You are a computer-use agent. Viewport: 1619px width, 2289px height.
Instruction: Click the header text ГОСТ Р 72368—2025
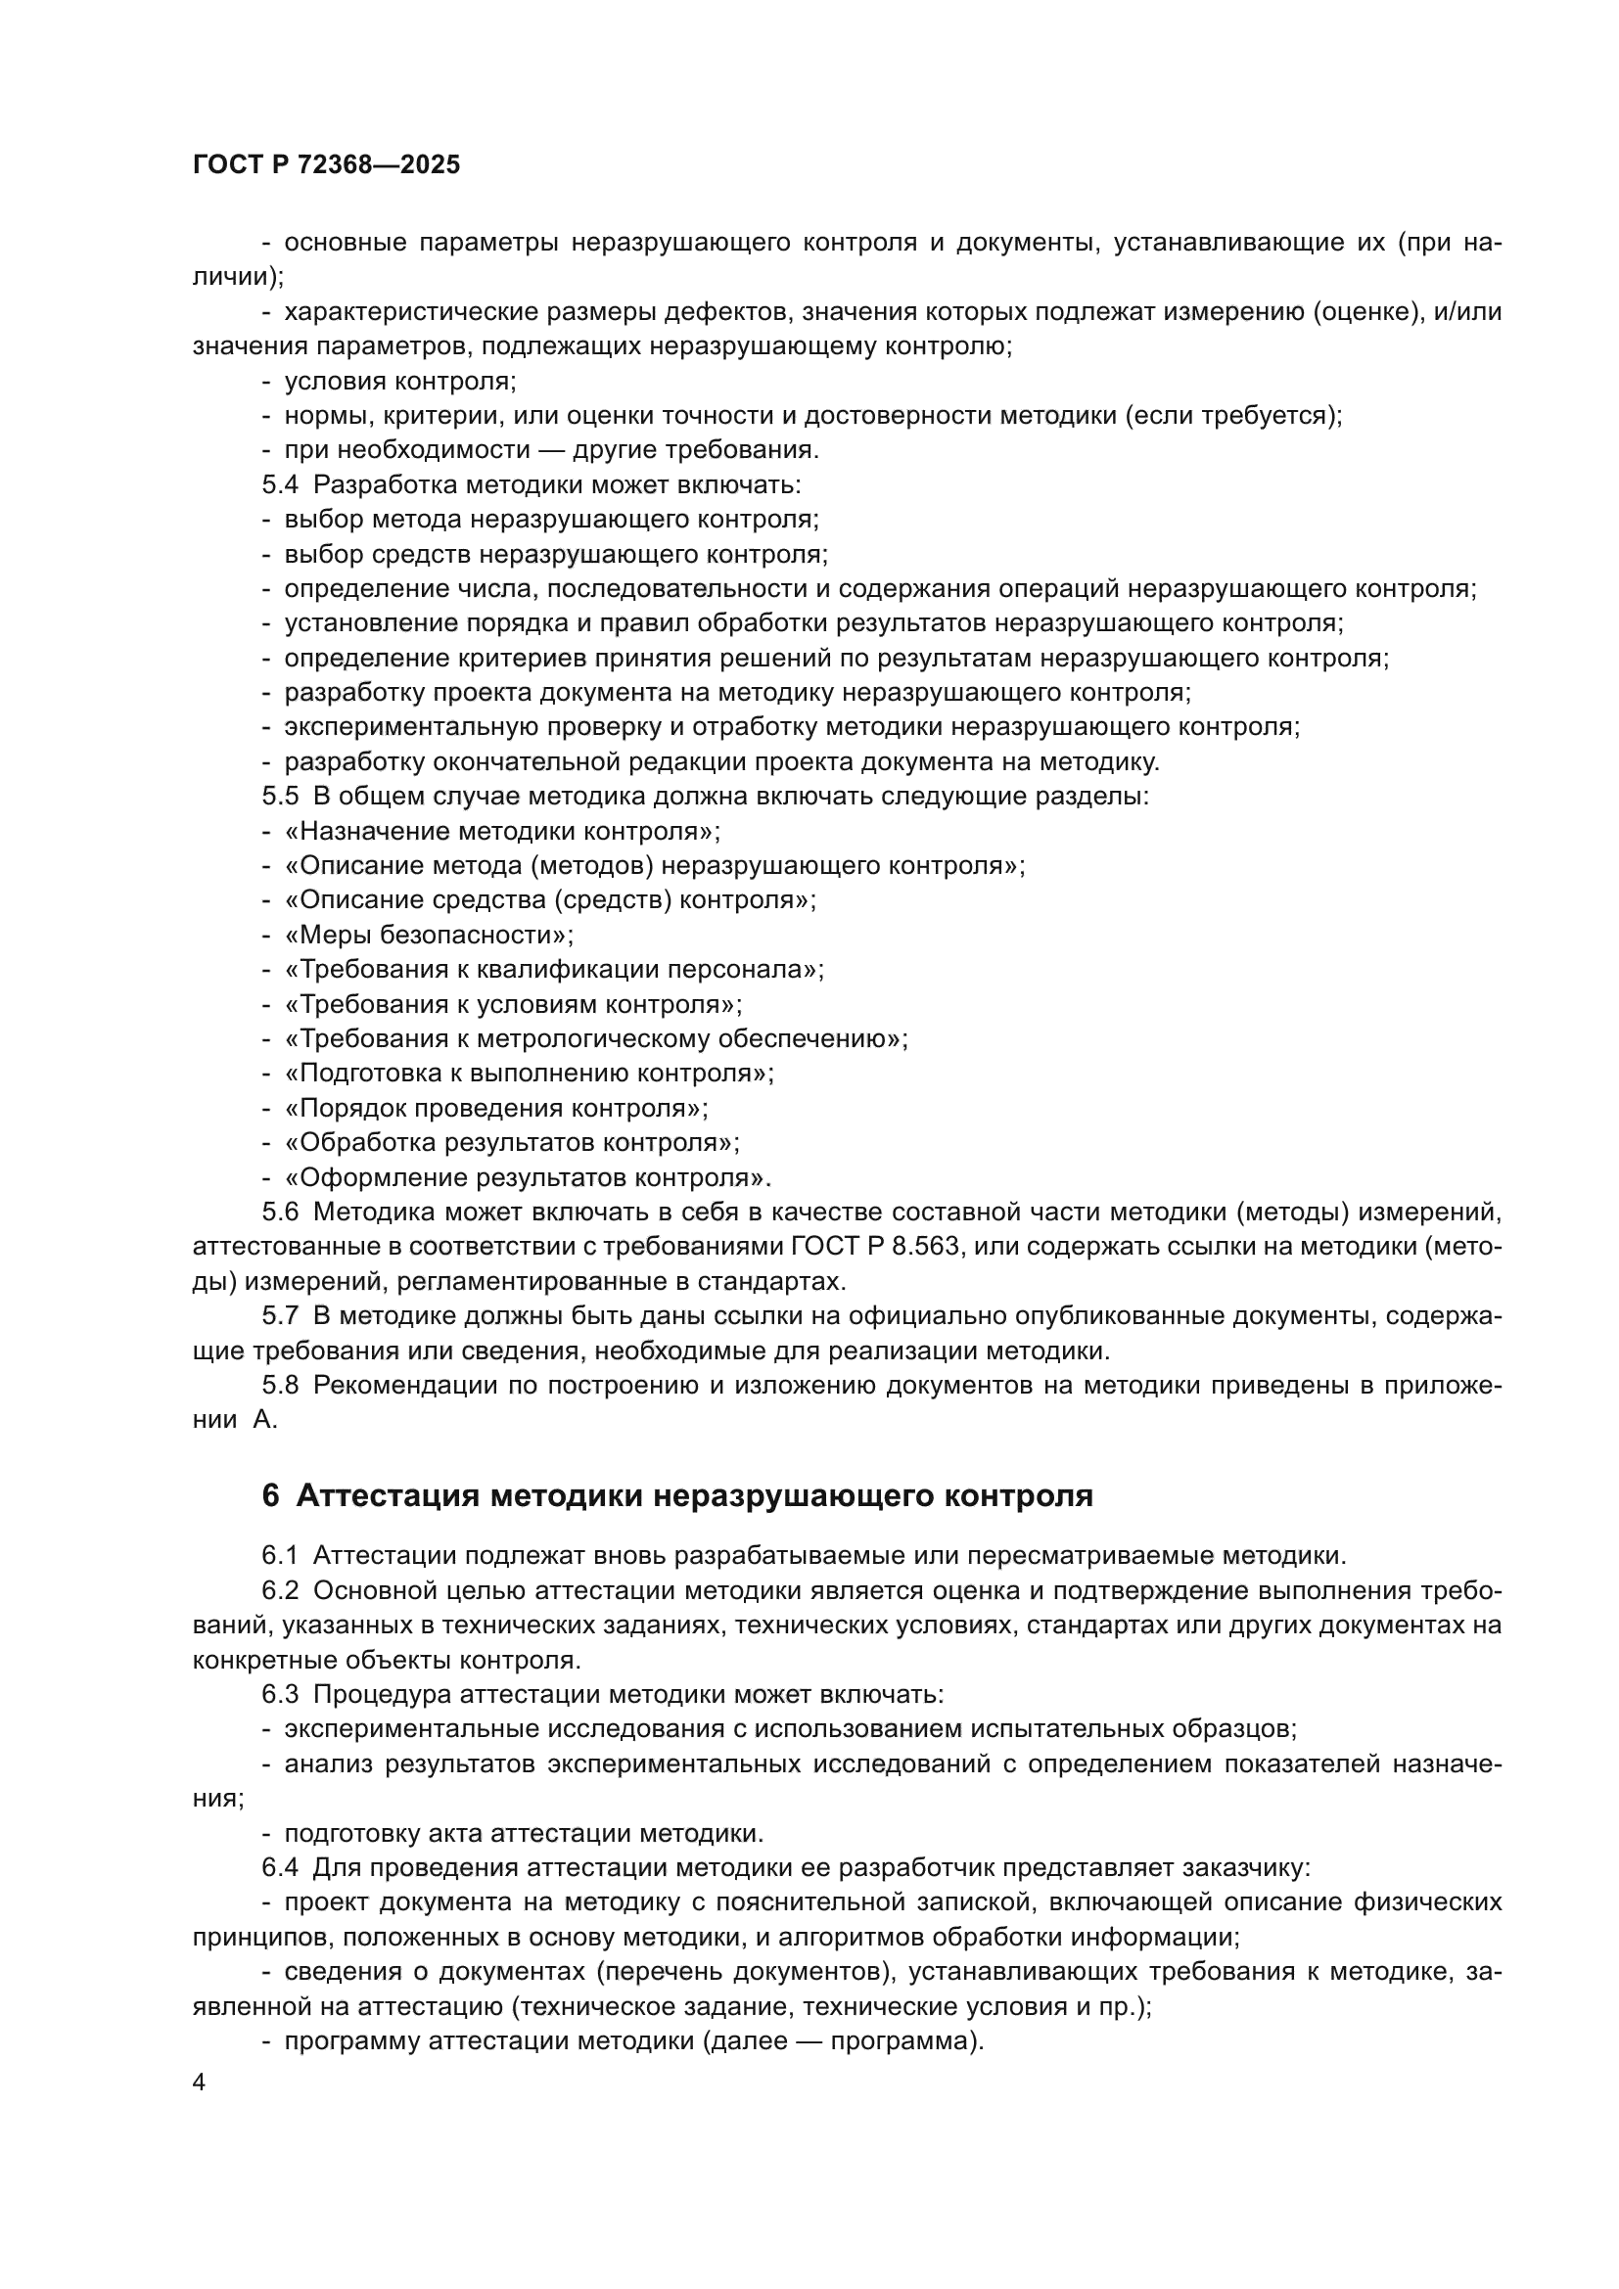pyautogui.click(x=326, y=164)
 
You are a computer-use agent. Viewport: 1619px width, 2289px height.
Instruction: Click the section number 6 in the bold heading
pyautogui.click(x=270, y=1495)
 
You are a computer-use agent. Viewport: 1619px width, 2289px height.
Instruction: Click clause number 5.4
pyautogui.click(x=280, y=484)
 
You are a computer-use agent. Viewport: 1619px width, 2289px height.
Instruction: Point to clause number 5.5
pyautogui.click(x=280, y=797)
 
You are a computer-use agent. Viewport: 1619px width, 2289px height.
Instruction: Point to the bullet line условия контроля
pyautogui.click(x=399, y=381)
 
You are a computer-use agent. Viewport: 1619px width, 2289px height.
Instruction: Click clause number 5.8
pyautogui.click(x=280, y=1385)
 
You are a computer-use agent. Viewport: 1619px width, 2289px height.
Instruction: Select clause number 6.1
pyautogui.click(x=280, y=1555)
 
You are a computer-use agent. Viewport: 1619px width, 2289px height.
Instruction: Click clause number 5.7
pyautogui.click(x=280, y=1316)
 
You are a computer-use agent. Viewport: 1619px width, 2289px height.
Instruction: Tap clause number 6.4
pyautogui.click(x=280, y=1867)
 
